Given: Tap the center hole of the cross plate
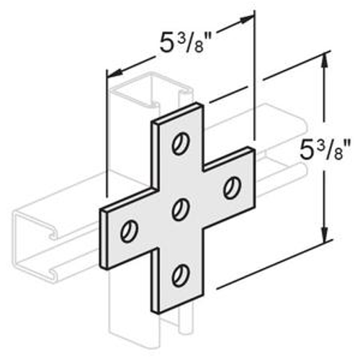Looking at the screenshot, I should click(179, 208).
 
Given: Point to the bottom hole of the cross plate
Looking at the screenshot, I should click(179, 274).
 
